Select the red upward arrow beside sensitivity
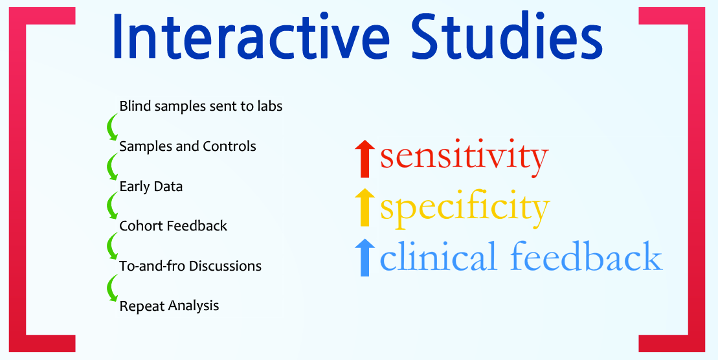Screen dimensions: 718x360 (x=365, y=159)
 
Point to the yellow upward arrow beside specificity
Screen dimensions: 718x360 (x=365, y=207)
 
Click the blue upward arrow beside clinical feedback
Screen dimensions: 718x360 (x=365, y=258)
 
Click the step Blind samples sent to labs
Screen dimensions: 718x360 (x=201, y=106)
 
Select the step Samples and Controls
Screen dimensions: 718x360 (x=188, y=146)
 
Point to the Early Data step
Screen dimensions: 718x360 (x=151, y=187)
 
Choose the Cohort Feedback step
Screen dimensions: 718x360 (x=173, y=226)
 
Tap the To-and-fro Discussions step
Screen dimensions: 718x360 (x=190, y=266)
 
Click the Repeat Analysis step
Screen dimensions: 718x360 (x=169, y=306)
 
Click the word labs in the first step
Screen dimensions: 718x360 (x=271, y=106)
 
